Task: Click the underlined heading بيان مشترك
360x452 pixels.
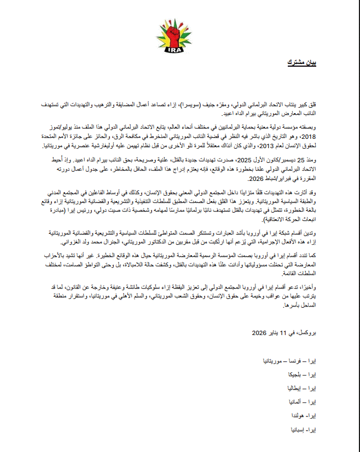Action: [304, 63]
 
